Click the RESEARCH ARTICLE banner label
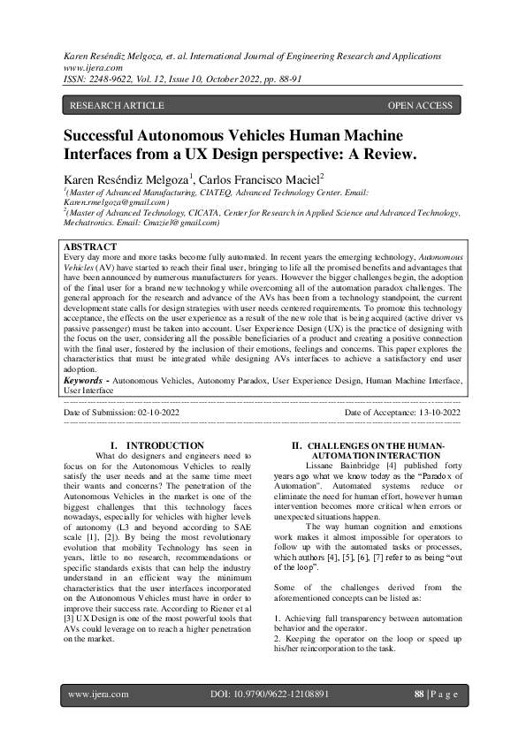point(117,106)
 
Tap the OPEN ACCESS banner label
point(420,106)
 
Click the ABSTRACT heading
point(90,247)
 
